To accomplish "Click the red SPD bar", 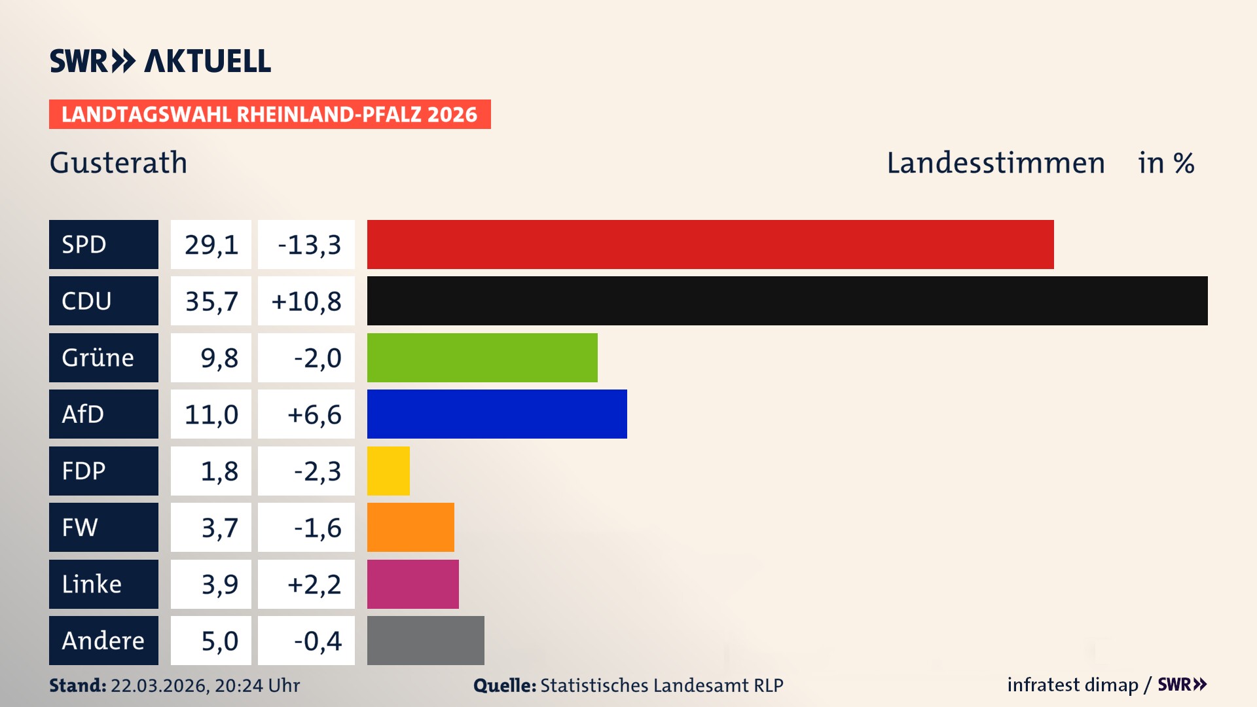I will point(710,244).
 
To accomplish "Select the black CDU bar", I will point(787,300).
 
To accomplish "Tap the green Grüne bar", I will point(482,357).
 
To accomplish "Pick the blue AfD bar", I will point(497,414).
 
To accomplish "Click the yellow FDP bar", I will point(388,471).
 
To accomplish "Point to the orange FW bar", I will point(410,527).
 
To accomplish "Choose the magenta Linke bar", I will point(412,584).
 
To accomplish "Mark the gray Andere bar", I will point(426,640).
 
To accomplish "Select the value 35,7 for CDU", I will point(211,301).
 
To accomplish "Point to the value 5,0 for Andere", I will point(219,641).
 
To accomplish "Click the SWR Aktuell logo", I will point(160,61).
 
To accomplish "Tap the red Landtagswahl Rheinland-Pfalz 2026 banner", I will point(270,115).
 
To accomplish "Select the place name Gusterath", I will point(118,162).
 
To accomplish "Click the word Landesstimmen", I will point(995,162).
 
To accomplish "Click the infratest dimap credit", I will point(1072,685).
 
